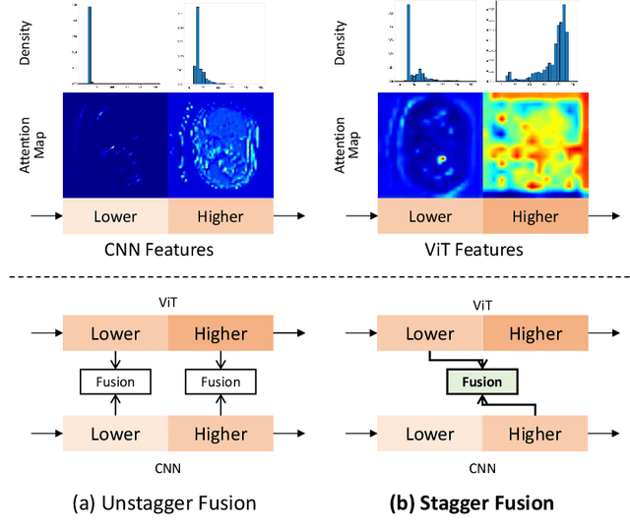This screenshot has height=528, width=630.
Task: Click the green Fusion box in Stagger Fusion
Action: pyautogui.click(x=482, y=381)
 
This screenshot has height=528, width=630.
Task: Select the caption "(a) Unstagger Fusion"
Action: pyautogui.click(x=164, y=502)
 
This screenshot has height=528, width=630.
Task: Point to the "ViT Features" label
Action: pyautogui.click(x=481, y=250)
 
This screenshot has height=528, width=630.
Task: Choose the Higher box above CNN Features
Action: pyautogui.click(x=220, y=216)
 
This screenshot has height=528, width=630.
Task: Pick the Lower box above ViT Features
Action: pyautogui.click(x=430, y=216)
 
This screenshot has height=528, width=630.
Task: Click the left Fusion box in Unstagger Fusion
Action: pyautogui.click(x=115, y=381)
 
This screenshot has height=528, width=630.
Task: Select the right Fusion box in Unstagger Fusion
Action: pyautogui.click(x=220, y=381)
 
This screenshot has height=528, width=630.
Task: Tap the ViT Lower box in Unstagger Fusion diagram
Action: pyautogui.click(x=115, y=332)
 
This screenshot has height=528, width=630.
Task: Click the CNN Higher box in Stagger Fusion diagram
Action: pyautogui.click(x=535, y=434)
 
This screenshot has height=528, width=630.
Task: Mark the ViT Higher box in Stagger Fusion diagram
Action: pyautogui.click(x=535, y=332)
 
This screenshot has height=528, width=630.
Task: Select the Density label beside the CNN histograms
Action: pyautogui.click(x=27, y=43)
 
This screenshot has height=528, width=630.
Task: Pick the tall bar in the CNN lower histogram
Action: pyautogui.click(x=91, y=45)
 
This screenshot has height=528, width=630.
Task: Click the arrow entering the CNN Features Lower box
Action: pyautogui.click(x=44, y=216)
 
